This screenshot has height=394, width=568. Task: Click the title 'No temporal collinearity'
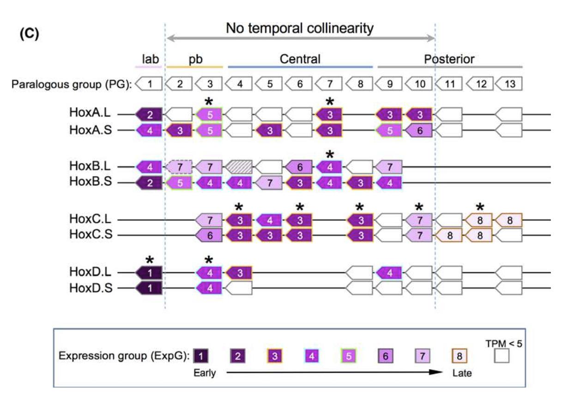[300, 29]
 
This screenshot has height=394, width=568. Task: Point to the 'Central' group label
[300, 59]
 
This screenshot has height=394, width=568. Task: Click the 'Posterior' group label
[450, 59]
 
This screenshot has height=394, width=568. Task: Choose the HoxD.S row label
[91, 289]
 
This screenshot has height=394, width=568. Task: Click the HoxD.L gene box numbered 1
[150, 274]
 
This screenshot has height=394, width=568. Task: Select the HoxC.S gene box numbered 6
[210, 235]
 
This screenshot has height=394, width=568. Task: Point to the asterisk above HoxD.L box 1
[150, 260]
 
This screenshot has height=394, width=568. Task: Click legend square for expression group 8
[459, 356]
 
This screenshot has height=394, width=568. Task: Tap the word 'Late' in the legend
[462, 373]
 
